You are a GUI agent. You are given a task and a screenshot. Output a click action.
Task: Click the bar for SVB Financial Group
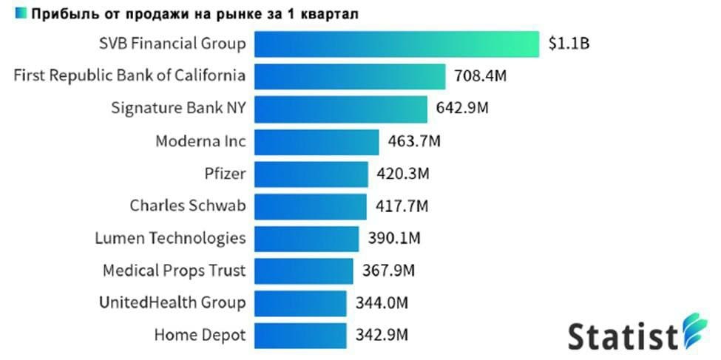click(x=397, y=44)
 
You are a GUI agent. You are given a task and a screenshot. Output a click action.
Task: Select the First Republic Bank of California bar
click(x=351, y=76)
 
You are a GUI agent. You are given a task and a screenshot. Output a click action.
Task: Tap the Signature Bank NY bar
click(x=342, y=109)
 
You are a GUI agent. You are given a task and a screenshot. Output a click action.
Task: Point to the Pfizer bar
click(x=311, y=174)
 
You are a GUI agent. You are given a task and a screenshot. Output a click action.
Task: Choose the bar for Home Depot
click(x=301, y=334)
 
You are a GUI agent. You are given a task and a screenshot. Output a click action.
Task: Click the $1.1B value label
click(x=569, y=44)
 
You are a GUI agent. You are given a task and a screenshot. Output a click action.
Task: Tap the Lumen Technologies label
click(x=170, y=238)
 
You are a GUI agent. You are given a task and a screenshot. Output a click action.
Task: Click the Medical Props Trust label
click(x=174, y=270)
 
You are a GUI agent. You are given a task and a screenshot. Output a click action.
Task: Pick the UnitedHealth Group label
click(x=172, y=302)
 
